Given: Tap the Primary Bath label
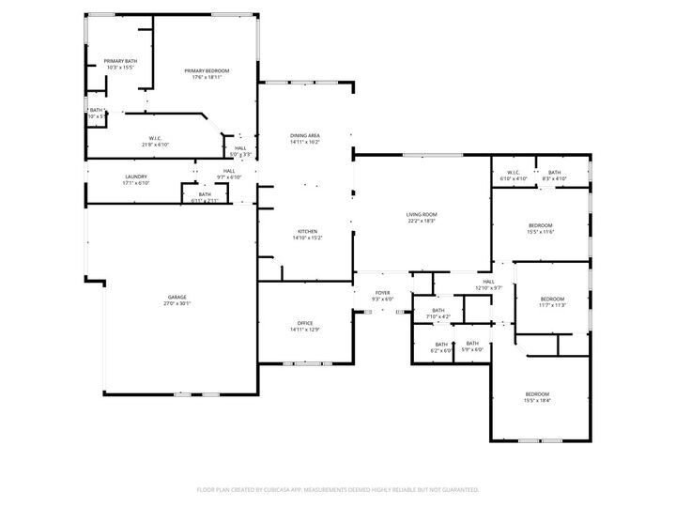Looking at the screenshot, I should point(120,65).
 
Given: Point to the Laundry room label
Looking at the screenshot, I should point(136,179).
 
